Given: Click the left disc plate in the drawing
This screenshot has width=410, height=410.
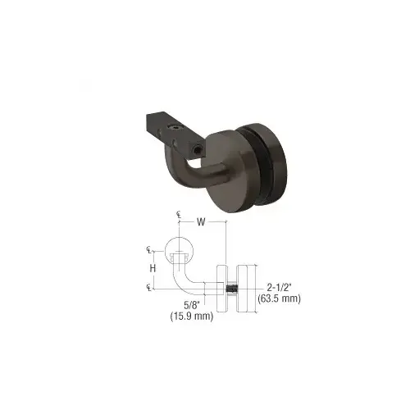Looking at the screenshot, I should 221,288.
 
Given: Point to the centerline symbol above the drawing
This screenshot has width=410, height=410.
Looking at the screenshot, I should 178,215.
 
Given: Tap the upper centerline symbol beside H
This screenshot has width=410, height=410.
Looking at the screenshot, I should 150,251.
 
